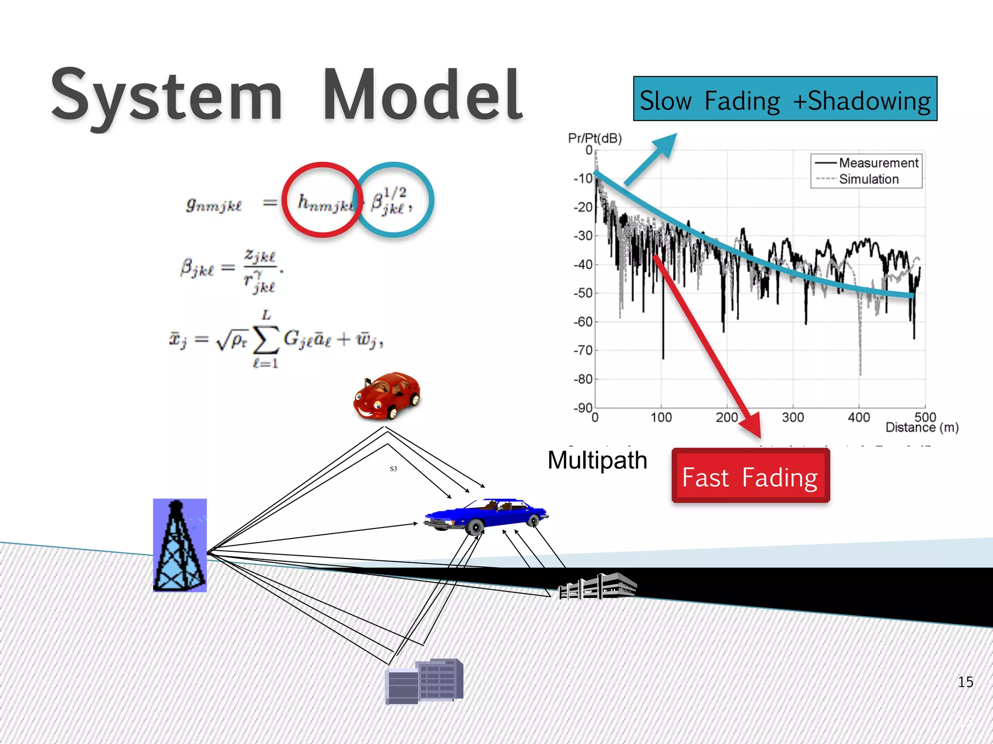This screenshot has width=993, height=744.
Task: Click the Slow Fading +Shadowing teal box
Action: click(x=785, y=99)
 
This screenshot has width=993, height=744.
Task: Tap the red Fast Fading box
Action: click(x=750, y=476)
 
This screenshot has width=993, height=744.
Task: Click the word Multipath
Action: click(x=597, y=460)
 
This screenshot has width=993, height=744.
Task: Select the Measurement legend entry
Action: click(x=878, y=163)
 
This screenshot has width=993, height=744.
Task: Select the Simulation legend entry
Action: click(x=868, y=179)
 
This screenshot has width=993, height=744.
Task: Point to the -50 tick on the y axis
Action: click(x=583, y=293)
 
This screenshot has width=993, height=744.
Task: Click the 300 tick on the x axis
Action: click(x=793, y=418)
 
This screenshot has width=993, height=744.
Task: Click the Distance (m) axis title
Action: click(x=922, y=428)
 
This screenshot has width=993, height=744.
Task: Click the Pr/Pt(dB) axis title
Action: click(x=594, y=139)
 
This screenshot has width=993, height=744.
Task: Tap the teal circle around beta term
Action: click(x=395, y=200)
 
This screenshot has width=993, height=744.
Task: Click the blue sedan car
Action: click(x=486, y=515)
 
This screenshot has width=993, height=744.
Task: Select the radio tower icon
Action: click(x=179, y=545)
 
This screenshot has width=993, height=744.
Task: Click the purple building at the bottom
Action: click(x=424, y=681)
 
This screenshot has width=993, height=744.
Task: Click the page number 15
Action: click(x=965, y=682)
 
